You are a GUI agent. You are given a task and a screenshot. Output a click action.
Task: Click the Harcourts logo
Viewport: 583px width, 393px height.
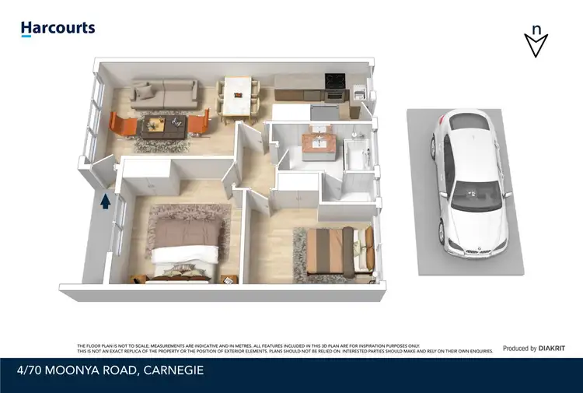point(58,29)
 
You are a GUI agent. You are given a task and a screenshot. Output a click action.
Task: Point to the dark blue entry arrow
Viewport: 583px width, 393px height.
point(104,202)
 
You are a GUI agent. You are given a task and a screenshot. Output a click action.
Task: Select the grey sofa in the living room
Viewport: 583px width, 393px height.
point(164,95)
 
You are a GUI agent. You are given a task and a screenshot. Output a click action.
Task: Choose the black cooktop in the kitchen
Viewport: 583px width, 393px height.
point(334,79)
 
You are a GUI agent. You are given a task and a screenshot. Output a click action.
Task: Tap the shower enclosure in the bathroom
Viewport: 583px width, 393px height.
point(358,153)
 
